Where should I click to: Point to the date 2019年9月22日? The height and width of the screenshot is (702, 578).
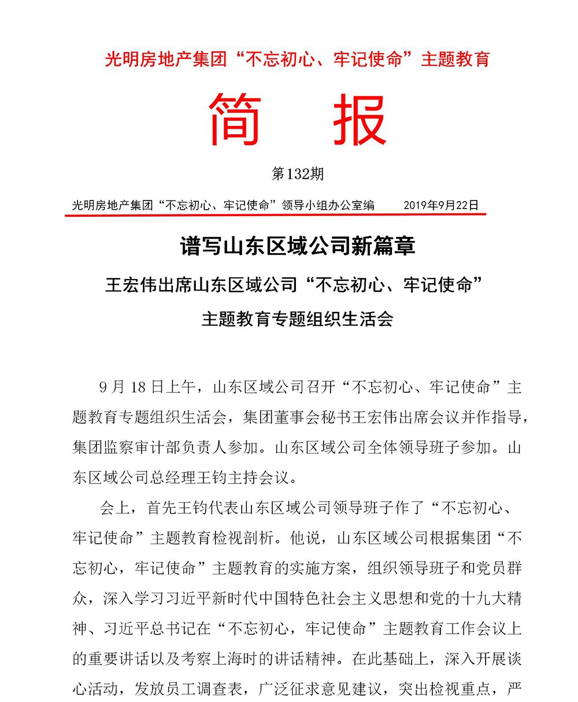[x=441, y=205]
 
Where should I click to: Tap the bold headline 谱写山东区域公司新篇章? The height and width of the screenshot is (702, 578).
[x=297, y=247]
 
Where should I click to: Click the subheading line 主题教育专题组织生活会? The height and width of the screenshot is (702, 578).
[x=297, y=318]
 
